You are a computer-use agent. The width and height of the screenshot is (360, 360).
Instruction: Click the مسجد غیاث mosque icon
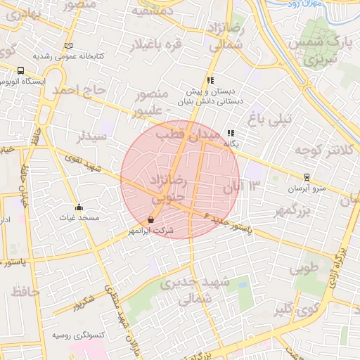click(79, 207)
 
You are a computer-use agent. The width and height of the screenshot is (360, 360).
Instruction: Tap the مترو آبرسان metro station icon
click(306, 177)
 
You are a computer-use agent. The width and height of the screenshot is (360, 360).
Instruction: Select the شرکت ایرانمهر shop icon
click(151, 219)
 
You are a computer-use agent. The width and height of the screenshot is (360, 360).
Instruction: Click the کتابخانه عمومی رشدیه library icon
click(67, 46)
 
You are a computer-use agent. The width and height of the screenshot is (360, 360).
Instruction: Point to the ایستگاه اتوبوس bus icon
click(20, 71)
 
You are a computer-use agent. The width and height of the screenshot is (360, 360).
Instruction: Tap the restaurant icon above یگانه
click(231, 132)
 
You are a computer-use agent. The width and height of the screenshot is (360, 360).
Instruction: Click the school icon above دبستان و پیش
click(210, 80)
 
